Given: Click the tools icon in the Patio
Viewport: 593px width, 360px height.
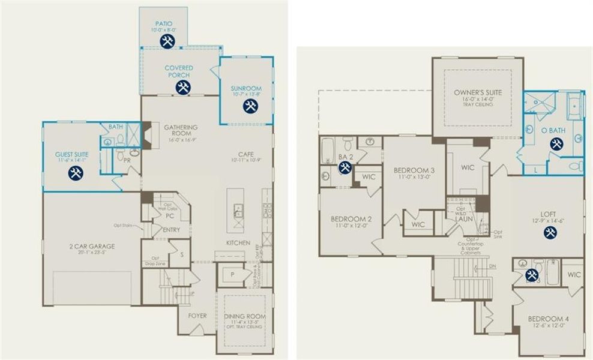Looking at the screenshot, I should coord(167,41).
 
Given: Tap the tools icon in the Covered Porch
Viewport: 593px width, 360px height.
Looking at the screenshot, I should coord(183,87).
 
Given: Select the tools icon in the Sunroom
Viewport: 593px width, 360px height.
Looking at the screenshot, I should coord(250,106).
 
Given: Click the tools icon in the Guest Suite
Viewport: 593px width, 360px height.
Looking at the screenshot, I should coord(75,173).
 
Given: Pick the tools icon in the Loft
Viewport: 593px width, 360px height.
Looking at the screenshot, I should coord(550,232).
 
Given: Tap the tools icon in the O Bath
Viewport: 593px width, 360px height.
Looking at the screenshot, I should coord(556,144).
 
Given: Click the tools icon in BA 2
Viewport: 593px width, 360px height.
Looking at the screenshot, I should coord(345,167).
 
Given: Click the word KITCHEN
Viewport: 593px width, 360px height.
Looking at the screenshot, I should coord(238,242).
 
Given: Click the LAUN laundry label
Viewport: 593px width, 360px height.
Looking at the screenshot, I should coord(463,220).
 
